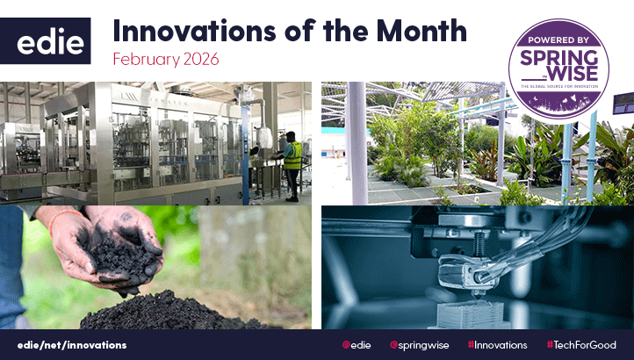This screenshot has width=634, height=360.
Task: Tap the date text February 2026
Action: point(165,59)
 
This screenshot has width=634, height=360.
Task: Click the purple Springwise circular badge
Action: point(559,68)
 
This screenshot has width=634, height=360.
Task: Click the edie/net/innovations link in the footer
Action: point(72,345)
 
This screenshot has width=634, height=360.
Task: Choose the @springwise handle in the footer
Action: point(419,345)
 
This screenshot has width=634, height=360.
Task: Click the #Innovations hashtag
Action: point(497,345)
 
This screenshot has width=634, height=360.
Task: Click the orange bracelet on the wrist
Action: point(53,232)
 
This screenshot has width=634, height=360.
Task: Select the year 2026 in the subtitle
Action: point(198,59)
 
